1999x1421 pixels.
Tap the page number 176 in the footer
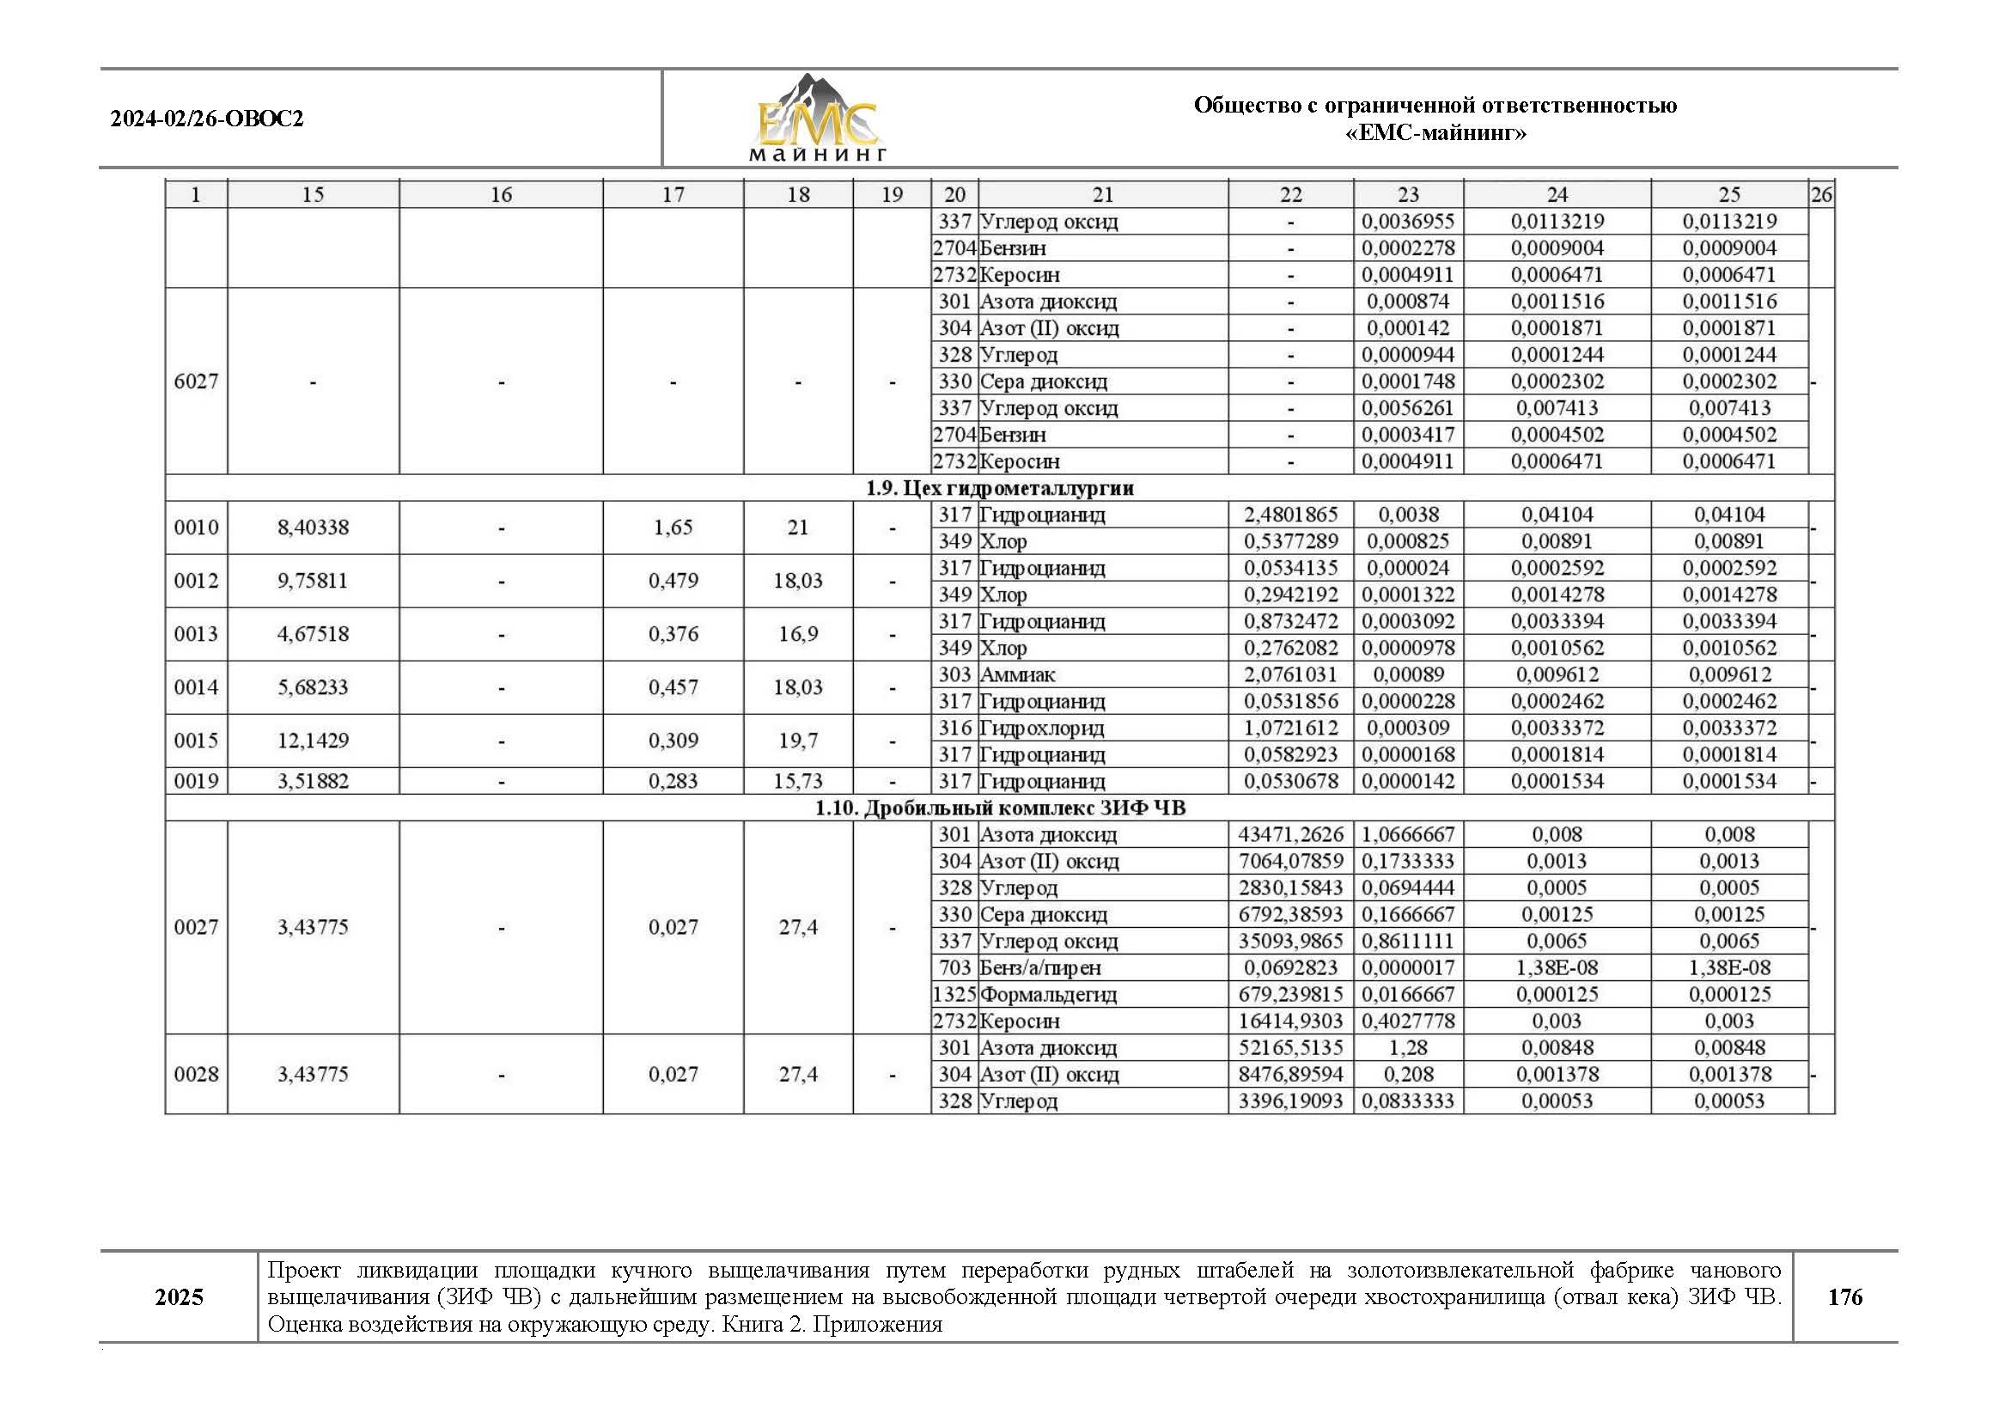1844,1296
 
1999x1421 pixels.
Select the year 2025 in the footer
179,1296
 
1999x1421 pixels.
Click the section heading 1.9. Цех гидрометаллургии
999,488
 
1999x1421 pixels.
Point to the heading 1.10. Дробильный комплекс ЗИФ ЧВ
999,808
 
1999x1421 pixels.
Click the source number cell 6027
196,381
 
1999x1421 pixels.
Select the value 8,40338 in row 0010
313,528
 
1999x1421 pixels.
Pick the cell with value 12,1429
313,741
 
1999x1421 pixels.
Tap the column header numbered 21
1102,194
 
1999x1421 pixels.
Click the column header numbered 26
1820,194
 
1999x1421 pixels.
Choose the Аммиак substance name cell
1017,674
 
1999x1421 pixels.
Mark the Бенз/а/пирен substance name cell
1040,967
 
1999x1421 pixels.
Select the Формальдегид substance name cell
1048,995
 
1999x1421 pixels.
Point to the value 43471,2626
1289,835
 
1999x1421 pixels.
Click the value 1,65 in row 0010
673,528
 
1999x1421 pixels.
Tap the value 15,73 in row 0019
797,781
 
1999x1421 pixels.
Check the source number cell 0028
196,1075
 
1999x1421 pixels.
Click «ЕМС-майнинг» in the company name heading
1435,133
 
